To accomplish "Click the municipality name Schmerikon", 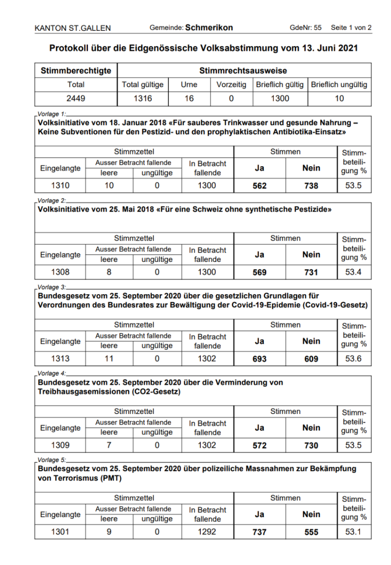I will (209, 28).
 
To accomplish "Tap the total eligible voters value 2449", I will (76, 98).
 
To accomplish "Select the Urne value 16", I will (189, 98).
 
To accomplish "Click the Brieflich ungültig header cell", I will (339, 85).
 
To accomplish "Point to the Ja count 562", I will (260, 186).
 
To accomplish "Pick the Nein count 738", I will (311, 186).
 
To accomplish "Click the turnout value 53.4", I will (353, 272).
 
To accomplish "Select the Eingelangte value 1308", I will (60, 272).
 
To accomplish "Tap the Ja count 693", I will (260, 359).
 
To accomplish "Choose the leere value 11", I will (109, 359).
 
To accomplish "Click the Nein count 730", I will (311, 446).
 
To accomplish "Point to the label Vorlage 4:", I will (52, 374).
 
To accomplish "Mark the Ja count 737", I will (260, 532).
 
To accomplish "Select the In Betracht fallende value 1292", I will (207, 532).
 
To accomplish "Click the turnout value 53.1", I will (353, 532).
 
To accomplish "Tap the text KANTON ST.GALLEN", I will (73, 28).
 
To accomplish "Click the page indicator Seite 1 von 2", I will (351, 28).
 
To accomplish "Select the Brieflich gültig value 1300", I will (280, 98).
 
